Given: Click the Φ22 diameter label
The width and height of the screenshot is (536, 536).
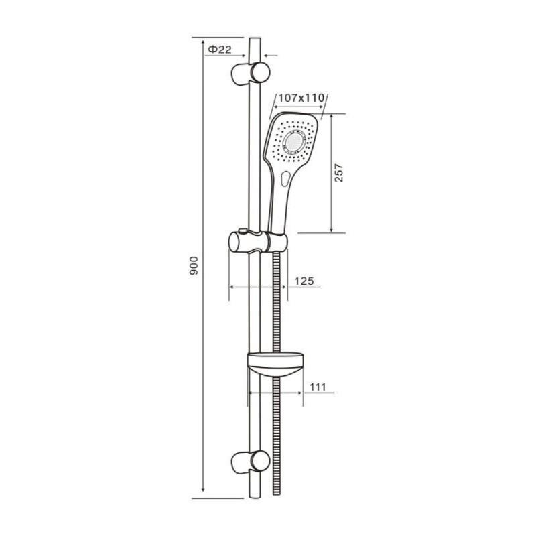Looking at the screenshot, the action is [x=220, y=50].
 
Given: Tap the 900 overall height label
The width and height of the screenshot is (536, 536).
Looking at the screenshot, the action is [x=194, y=265].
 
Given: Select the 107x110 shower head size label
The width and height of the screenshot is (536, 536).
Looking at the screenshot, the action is [x=301, y=98].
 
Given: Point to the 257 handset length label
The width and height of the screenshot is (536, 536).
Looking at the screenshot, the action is [x=338, y=173].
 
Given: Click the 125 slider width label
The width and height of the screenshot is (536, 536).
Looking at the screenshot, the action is [x=304, y=281].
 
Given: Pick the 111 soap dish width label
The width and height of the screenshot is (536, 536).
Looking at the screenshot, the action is [x=318, y=387].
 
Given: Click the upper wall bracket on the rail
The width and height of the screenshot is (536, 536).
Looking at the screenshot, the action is [x=251, y=72].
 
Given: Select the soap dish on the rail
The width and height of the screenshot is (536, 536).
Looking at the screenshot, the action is [x=275, y=364].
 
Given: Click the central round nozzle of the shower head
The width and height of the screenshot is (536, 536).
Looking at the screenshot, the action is [x=293, y=142].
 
